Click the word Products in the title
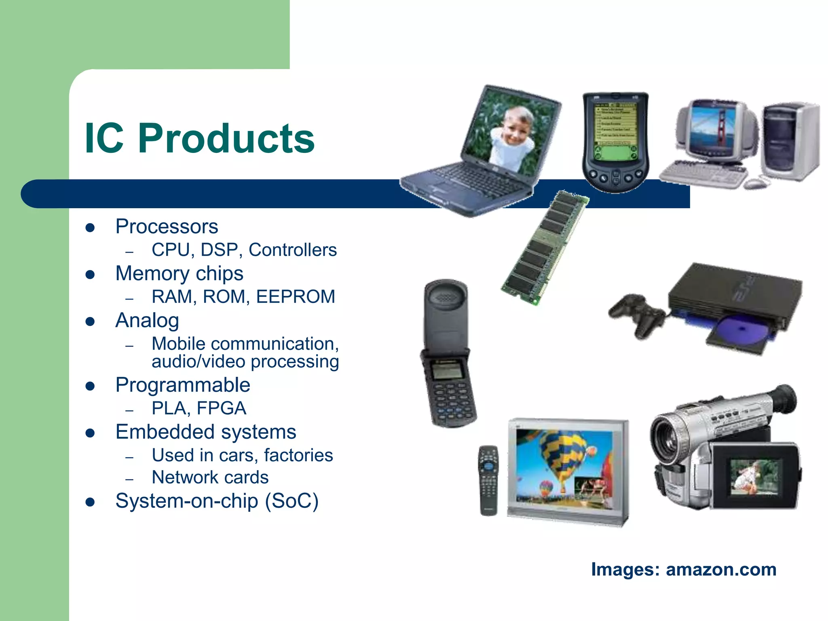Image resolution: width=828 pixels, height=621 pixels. click(226, 139)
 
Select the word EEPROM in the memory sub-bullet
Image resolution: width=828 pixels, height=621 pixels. click(296, 297)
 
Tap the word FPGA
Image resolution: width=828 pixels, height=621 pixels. click(222, 408)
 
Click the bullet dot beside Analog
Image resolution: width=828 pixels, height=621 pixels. click(90, 322)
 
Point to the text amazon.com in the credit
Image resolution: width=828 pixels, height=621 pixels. click(721, 569)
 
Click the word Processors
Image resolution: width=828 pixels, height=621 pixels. click(167, 226)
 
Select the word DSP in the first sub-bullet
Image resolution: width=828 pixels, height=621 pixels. click(219, 250)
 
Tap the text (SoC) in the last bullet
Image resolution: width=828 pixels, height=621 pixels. click(291, 501)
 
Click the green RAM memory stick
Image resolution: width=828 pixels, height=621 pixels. click(544, 247)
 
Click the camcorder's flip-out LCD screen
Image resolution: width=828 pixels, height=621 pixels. click(754, 477)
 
